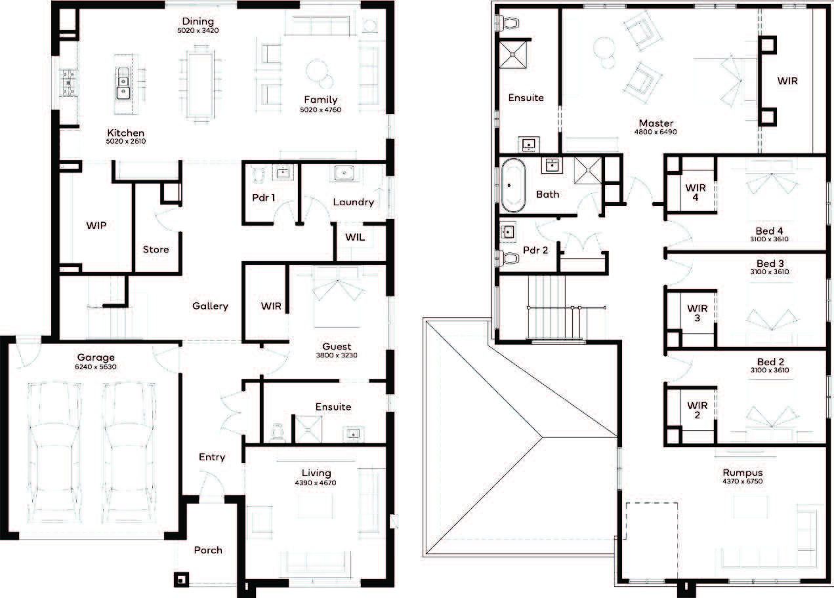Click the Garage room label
click(96, 357)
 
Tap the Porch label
click(208, 550)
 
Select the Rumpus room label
click(743, 473)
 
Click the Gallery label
click(210, 306)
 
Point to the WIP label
click(96, 225)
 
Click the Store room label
click(156, 249)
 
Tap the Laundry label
click(353, 202)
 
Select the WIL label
click(355, 237)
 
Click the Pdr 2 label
click(535, 250)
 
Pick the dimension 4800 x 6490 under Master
click(656, 132)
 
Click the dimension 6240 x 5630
click(96, 367)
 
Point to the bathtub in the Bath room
click(513, 186)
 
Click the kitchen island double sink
click(123, 83)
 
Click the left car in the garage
click(55, 452)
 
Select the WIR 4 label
click(696, 192)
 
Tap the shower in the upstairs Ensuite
click(512, 54)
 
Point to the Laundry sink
click(344, 173)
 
